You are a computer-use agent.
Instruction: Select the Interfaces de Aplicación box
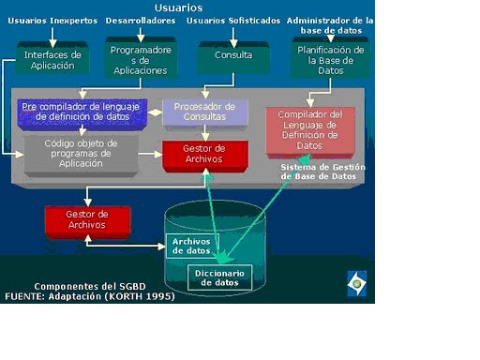52,59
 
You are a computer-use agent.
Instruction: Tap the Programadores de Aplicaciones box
140,60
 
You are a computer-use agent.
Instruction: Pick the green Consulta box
232,55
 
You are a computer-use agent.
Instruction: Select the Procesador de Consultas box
205,112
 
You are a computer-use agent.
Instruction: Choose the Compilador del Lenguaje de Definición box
309,129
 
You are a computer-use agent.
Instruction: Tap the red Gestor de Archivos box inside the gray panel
204,155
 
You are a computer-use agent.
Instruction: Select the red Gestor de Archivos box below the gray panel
87,220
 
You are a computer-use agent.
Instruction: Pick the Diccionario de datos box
220,277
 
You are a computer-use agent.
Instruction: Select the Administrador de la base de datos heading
330,24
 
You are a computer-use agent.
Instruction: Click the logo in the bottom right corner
358,283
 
